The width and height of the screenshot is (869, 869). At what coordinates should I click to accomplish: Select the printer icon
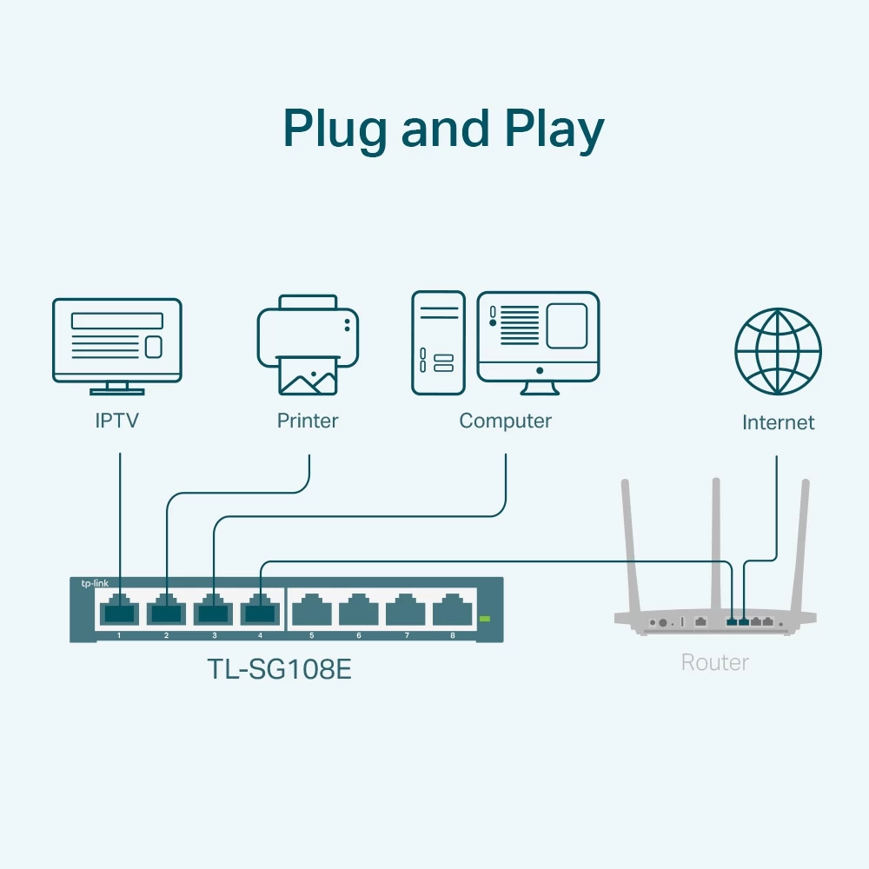[308, 343]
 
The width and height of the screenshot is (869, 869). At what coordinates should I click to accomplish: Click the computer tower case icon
[438, 343]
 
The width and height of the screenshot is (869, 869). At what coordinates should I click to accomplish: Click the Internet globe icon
[778, 351]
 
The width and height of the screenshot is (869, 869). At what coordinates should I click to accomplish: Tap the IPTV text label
[117, 421]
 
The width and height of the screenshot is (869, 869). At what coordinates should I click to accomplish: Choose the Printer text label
[308, 421]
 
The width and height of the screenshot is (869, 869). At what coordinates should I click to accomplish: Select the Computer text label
[505, 421]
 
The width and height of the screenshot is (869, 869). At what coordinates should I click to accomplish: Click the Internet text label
[778, 423]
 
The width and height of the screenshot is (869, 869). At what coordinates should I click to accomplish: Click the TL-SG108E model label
[279, 669]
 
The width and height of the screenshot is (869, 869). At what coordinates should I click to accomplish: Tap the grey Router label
[714, 663]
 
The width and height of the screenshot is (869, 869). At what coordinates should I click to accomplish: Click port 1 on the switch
[119, 611]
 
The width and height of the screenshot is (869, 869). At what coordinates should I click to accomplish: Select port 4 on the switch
[260, 611]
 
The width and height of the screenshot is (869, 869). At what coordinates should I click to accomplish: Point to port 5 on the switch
[311, 611]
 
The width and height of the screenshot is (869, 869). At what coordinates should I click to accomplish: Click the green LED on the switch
[485, 619]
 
